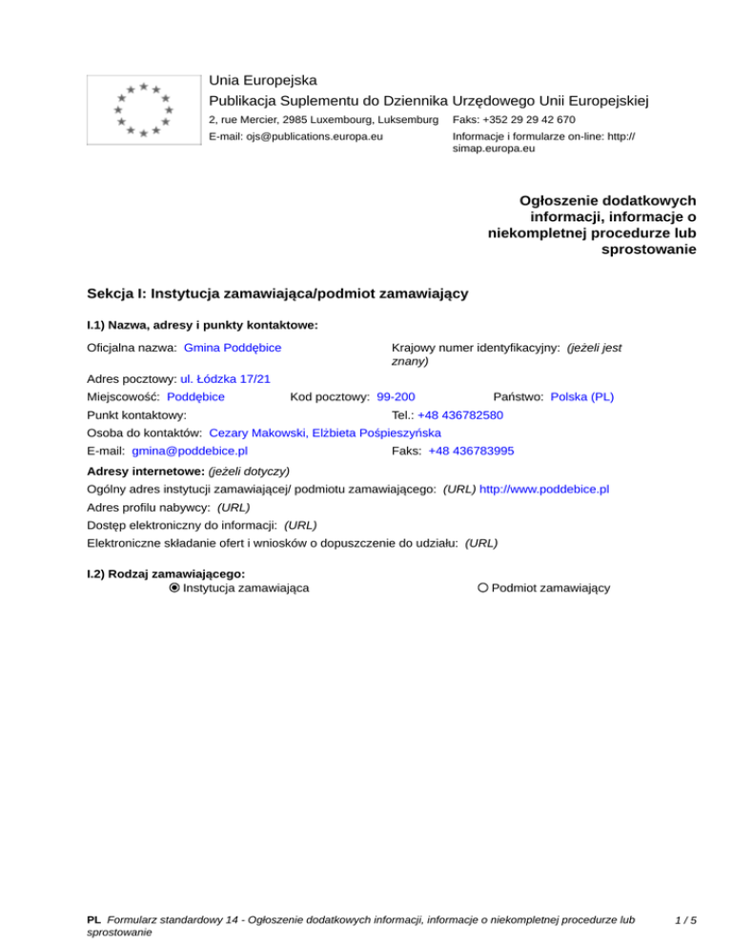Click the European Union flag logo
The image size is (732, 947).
[142, 109]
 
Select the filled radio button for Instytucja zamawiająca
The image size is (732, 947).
[174, 588]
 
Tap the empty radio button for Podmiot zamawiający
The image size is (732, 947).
[483, 588]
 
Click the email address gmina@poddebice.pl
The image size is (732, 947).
[190, 451]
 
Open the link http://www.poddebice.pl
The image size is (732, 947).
[544, 489]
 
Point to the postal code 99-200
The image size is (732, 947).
[396, 396]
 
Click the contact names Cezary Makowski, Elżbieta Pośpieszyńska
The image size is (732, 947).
[324, 433]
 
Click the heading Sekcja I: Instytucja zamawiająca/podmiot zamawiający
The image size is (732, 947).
[276, 293]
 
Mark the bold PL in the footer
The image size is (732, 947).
[93, 920]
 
